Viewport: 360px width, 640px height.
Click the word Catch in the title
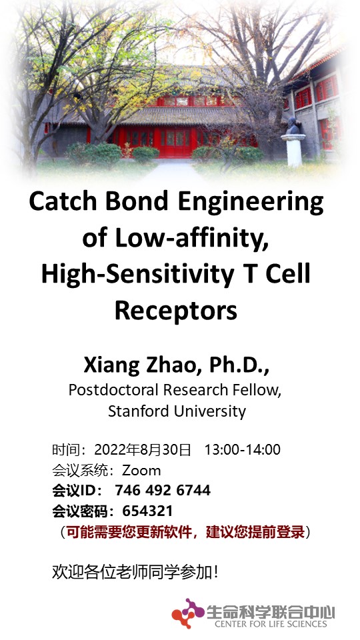pyautogui.click(x=61, y=201)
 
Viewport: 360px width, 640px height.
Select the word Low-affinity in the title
pyautogui.click(x=191, y=238)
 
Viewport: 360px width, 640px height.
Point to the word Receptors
pyautogui.click(x=176, y=311)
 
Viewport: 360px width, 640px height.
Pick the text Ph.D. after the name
pyautogui.click(x=239, y=365)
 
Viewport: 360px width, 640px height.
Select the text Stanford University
pyautogui.click(x=177, y=411)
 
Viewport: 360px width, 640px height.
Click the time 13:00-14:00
pyautogui.click(x=243, y=450)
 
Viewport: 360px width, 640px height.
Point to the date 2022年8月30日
pyautogui.click(x=143, y=450)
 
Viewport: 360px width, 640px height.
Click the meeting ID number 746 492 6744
pyautogui.click(x=163, y=490)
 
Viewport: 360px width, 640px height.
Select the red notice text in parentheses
pyautogui.click(x=185, y=532)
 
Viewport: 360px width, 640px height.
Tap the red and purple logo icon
pyautogui.click(x=187, y=613)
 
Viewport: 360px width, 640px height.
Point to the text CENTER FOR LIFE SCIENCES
pyautogui.click(x=271, y=624)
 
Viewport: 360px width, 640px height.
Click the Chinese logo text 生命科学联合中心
pyautogui.click(x=271, y=612)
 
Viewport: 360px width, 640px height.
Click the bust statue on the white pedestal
pyautogui.click(x=292, y=126)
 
